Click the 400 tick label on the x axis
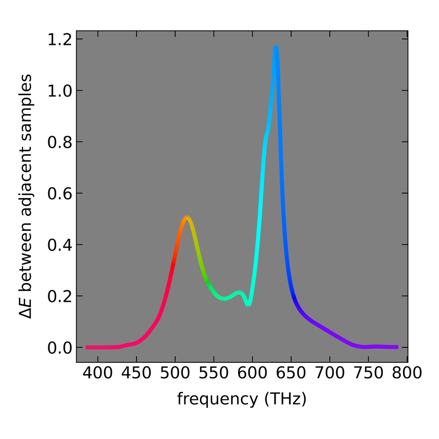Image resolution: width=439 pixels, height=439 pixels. click(x=98, y=375)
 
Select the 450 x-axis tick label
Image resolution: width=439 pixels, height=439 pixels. click(x=136, y=375)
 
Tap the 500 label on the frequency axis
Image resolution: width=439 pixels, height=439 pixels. click(x=175, y=375)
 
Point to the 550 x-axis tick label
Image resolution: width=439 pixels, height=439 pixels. click(x=214, y=375)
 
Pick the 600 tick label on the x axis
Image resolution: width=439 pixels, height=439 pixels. click(x=252, y=375)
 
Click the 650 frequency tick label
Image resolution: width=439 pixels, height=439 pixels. click(x=291, y=375)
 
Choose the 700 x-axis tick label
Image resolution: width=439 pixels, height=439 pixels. click(x=330, y=375)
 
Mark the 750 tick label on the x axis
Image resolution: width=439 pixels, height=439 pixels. click(x=368, y=375)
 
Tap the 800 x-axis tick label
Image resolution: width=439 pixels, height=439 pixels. click(x=407, y=375)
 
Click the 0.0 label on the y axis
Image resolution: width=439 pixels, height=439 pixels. click(x=59, y=348)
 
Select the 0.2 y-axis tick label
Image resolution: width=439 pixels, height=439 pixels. click(x=59, y=296)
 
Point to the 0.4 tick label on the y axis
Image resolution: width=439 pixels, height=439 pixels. click(x=59, y=245)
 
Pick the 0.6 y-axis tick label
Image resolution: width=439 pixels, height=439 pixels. click(x=59, y=194)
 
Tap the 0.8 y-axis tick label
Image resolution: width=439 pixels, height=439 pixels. click(x=59, y=142)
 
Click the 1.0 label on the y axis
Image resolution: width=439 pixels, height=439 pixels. click(x=59, y=91)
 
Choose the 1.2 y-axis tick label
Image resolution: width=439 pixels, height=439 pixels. click(x=59, y=40)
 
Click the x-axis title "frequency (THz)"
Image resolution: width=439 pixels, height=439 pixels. click(x=241, y=399)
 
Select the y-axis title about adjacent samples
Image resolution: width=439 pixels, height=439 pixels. click(x=27, y=196)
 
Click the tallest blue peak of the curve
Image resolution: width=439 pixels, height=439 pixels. click(x=276, y=47)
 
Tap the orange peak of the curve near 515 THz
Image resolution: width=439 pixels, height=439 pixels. click(x=186, y=218)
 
